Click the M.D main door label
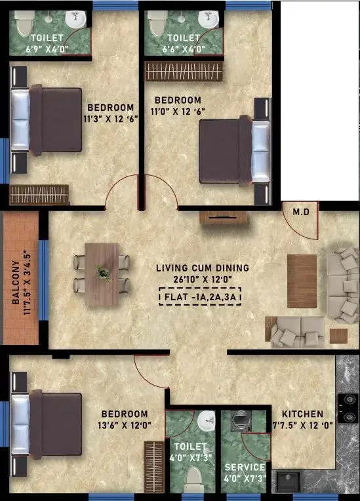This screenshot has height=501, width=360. [x=301, y=212]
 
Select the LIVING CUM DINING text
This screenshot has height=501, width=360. [x=203, y=268]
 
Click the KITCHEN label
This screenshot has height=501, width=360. [x=302, y=414]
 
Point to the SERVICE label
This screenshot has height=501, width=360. [x=245, y=467]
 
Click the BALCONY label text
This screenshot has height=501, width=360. [x=16, y=282]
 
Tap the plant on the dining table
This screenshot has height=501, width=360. [x=103, y=273]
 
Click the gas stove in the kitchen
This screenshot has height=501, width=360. [x=348, y=408]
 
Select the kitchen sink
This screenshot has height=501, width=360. [x=288, y=482]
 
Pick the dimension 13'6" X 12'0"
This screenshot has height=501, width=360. [x=125, y=426]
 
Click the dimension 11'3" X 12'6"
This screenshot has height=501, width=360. [x=111, y=119]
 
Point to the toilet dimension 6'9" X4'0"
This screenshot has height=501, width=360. [x=47, y=49]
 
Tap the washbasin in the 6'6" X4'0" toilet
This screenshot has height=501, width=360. [x=209, y=19]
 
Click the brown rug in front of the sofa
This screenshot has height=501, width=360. [x=302, y=281]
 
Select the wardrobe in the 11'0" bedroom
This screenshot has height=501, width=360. [x=184, y=71]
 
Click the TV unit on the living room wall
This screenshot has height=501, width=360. [x=224, y=218]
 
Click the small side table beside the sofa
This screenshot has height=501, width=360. [x=338, y=336]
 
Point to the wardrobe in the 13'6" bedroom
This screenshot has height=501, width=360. [x=153, y=467]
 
